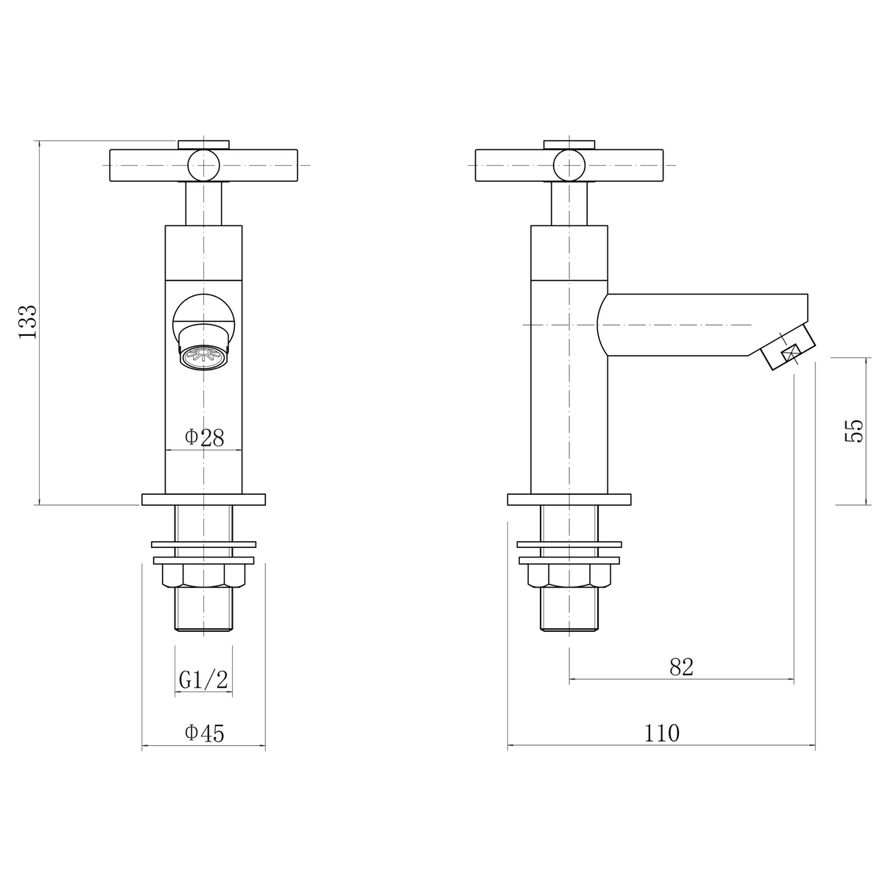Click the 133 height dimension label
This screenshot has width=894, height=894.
tap(27, 321)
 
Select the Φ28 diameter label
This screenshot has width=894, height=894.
tap(204, 437)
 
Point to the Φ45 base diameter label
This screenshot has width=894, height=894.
tap(204, 733)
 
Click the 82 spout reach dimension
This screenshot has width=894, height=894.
tap(682, 667)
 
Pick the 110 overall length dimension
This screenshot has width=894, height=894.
tap(662, 733)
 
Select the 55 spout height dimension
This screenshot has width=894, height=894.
tap(853, 430)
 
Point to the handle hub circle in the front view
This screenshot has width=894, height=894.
tap(203, 164)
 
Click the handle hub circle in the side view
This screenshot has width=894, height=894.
tap(569, 164)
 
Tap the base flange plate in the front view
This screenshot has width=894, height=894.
tap(204, 499)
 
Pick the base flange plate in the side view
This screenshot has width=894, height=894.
tap(569, 499)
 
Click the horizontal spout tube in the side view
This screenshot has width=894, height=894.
tap(700, 324)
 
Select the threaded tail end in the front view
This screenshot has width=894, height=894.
tap(204, 610)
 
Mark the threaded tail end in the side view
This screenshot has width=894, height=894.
tap(569, 610)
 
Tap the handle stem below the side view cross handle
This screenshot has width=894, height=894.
tap(569, 203)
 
